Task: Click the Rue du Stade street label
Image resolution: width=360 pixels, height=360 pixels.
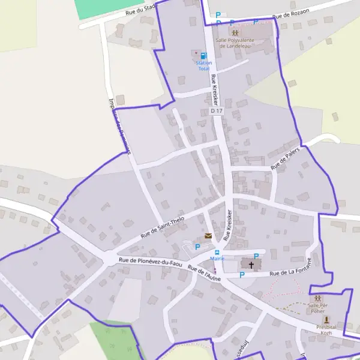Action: pyautogui.click(x=141, y=9)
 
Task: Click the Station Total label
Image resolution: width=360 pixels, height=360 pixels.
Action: pyautogui.click(x=204, y=66)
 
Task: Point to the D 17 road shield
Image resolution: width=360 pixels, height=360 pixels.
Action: pyautogui.click(x=217, y=111)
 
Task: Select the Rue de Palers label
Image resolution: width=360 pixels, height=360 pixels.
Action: pyautogui.click(x=284, y=159)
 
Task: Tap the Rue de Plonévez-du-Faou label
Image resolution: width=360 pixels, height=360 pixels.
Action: pyautogui.click(x=150, y=262)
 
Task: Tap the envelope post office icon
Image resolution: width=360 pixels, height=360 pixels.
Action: pyautogui.click(x=208, y=236)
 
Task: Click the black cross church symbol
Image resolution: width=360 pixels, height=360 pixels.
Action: pyautogui.click(x=251, y=264)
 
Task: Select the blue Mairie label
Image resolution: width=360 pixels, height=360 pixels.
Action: pyautogui.click(x=217, y=259)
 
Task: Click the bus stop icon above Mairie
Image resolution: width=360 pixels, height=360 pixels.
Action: pyautogui.click(x=217, y=252)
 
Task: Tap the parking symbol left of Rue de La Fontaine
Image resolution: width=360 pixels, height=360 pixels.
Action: pyautogui.click(x=242, y=275)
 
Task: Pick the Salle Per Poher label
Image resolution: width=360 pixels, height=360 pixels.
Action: pyautogui.click(x=316, y=308)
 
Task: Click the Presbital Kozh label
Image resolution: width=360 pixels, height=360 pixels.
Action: pyautogui.click(x=326, y=329)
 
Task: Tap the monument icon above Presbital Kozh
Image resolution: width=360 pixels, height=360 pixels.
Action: pyautogui.click(x=326, y=320)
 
